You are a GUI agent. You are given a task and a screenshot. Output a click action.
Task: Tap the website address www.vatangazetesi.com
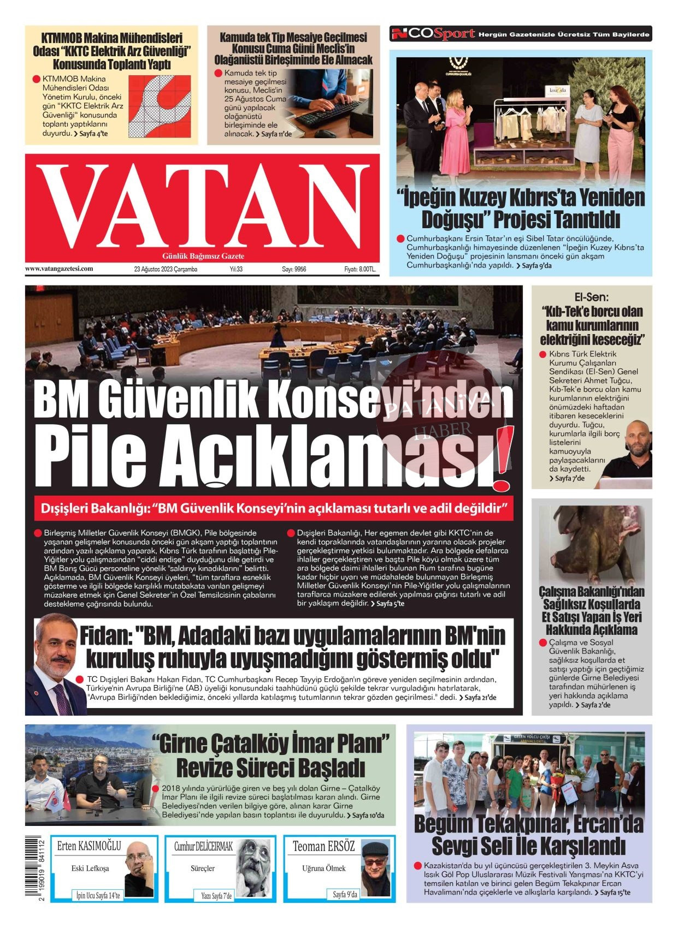[x=59, y=269]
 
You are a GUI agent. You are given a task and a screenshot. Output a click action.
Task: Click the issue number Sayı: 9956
[x=294, y=269]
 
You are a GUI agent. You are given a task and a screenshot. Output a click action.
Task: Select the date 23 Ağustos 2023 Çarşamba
[x=166, y=269]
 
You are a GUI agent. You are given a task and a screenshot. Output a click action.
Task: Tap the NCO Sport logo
[x=433, y=34]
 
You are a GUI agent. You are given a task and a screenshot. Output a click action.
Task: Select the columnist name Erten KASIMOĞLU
[x=89, y=847]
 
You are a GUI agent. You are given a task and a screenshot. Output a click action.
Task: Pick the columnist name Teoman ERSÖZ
[x=323, y=847]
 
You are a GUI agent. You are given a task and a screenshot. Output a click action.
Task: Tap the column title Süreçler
[x=203, y=868]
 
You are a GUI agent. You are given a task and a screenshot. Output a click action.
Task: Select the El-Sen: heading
[x=591, y=298]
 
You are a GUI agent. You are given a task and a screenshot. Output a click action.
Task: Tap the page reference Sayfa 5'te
[x=390, y=603]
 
